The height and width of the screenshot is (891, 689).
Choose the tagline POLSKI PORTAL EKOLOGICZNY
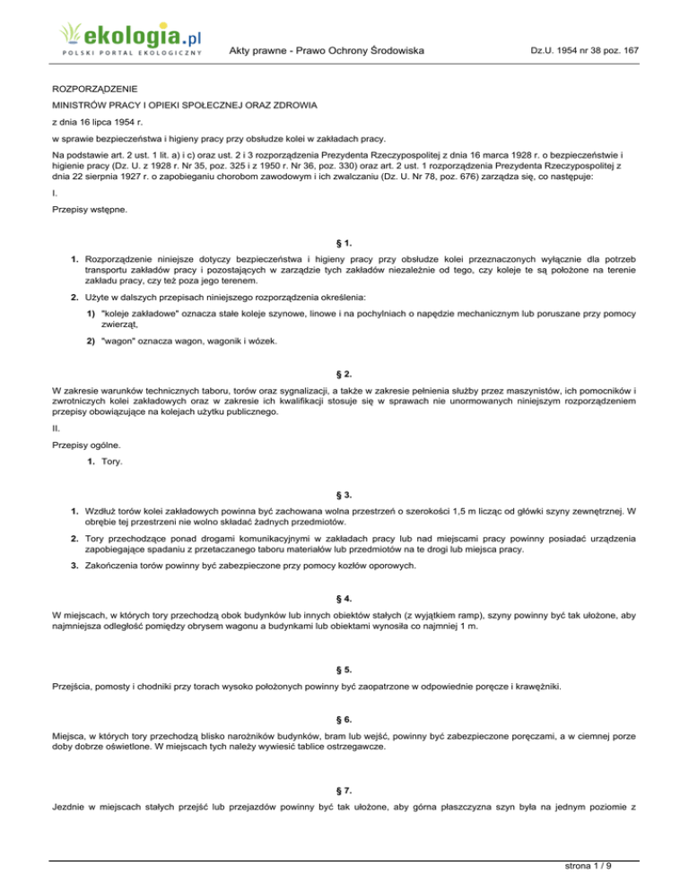[132, 53]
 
